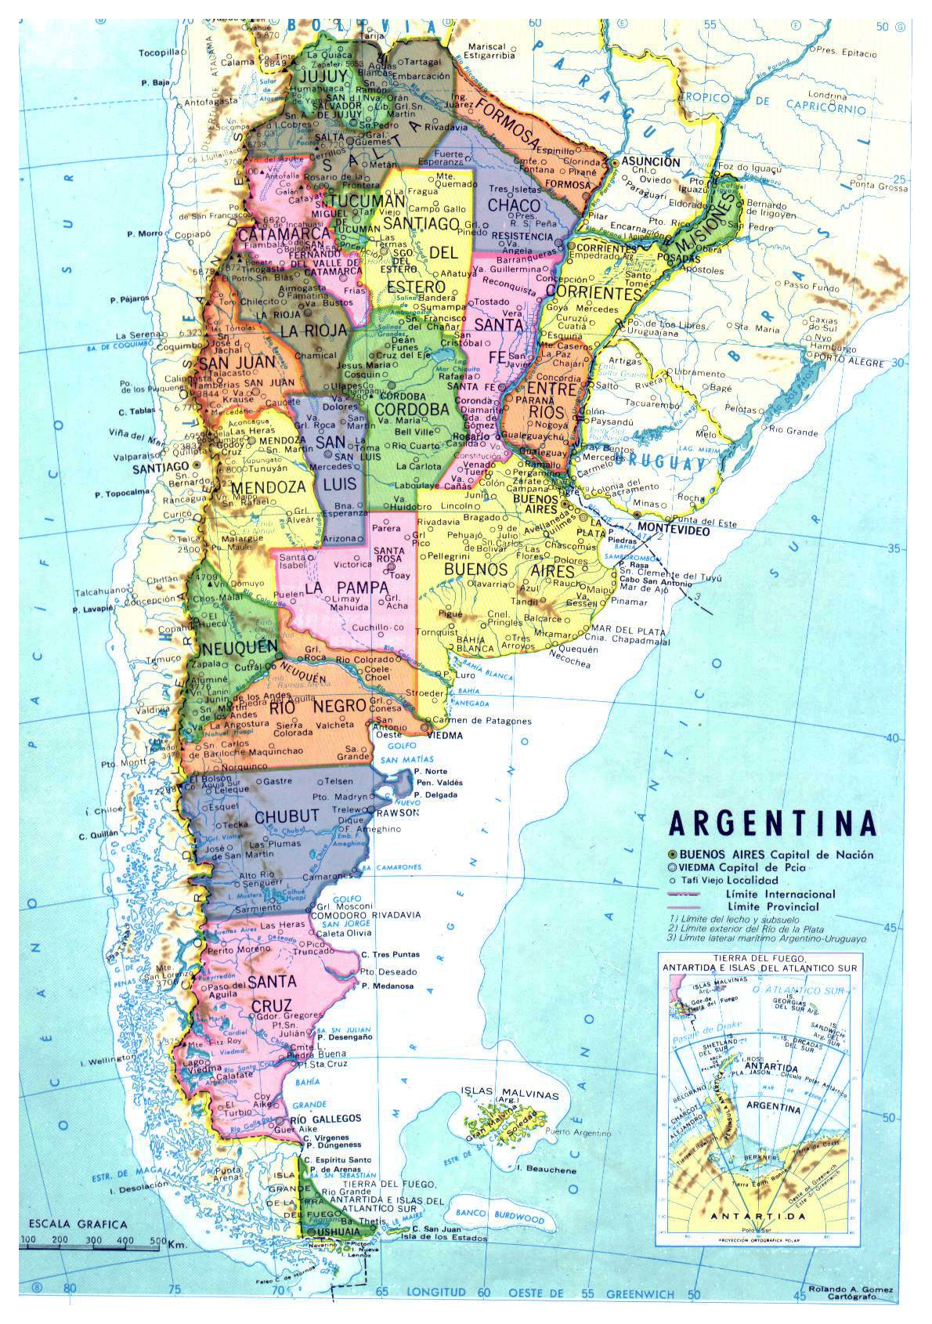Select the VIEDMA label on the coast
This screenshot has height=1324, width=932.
446,736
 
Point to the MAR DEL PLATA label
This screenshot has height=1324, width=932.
628,631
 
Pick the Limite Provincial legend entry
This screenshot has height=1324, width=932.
771,906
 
